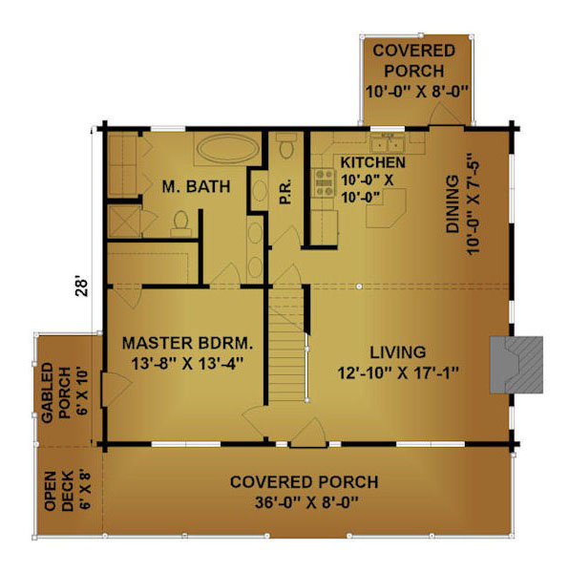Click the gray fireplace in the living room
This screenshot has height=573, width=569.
pos(516,365)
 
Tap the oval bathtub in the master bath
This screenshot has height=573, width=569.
pos(226,148)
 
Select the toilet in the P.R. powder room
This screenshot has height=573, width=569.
pos(286,145)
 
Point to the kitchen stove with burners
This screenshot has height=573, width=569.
pos(325,182)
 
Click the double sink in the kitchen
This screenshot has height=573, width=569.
pos(387,143)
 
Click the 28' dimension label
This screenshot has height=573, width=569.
pos(81,287)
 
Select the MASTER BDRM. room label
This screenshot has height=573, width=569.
pos(187,343)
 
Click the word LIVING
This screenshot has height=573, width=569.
pos(398,352)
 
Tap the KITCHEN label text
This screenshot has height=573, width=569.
pos(373,162)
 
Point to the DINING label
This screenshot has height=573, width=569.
pos(453,204)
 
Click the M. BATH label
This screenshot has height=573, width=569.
pos(196,186)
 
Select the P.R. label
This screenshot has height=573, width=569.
pos(285,191)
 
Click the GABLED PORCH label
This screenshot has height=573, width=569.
pos(55,393)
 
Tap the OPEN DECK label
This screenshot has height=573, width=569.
pos(59,491)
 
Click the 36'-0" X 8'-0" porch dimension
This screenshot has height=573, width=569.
pos(306,502)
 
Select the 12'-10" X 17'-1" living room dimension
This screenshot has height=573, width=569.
pos(398,373)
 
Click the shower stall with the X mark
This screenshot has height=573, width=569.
pos(124,222)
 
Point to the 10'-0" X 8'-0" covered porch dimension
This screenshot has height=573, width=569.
pos(416,92)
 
